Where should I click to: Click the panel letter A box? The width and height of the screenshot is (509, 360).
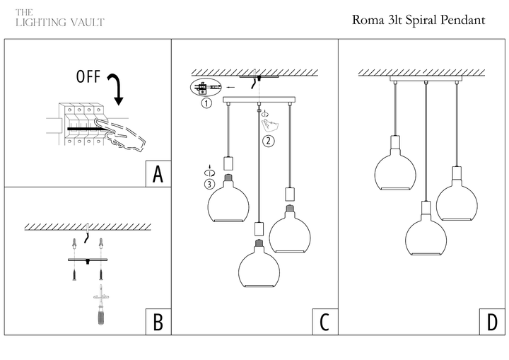(x=158, y=174)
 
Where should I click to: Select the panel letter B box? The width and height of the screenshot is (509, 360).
(x=158, y=322)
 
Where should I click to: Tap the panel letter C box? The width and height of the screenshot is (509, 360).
(x=324, y=322)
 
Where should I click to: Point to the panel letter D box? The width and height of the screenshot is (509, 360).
(x=491, y=322)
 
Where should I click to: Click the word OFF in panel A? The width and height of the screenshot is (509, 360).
(x=88, y=77)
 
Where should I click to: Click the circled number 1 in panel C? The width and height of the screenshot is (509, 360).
(x=206, y=103)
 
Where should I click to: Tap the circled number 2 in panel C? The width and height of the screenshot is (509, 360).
(x=268, y=140)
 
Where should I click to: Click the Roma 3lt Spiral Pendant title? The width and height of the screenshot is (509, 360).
(x=419, y=20)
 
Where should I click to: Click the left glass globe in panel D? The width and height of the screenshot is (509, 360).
(x=394, y=170)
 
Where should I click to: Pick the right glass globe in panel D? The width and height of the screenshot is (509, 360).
(x=457, y=200)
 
